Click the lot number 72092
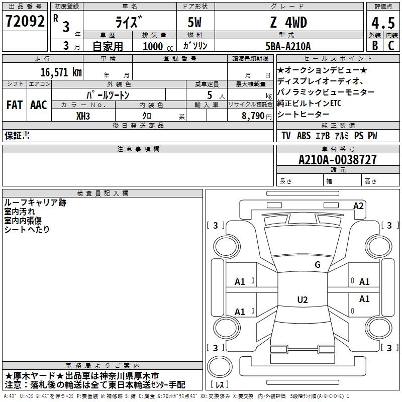click(x=25, y=21)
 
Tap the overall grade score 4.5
click(x=383, y=23)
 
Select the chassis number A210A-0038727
click(x=338, y=160)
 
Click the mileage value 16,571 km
click(x=61, y=72)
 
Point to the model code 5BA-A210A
click(x=288, y=46)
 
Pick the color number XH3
click(x=83, y=116)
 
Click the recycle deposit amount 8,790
click(x=253, y=116)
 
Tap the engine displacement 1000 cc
click(x=158, y=47)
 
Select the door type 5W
click(x=194, y=22)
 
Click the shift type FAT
click(x=15, y=105)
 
